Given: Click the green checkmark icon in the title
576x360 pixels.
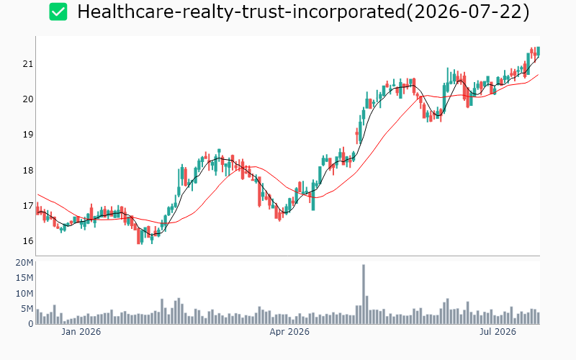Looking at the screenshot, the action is [58, 12].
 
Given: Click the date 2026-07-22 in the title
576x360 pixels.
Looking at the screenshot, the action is [467, 12].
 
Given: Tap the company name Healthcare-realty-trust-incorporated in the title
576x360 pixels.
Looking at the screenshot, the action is [241, 12].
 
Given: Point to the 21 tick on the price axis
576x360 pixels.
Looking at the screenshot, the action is [27, 64].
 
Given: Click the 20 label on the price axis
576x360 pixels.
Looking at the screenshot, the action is [27, 99].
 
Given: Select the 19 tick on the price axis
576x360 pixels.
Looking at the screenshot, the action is [27, 135].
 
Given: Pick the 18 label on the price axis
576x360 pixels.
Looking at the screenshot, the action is [27, 171].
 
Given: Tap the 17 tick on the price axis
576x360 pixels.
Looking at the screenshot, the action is [27, 206].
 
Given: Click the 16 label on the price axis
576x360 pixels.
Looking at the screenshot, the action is [27, 241].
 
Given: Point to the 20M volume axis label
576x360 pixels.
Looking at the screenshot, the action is [24, 263].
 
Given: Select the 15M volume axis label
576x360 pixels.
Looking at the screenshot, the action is [24, 278].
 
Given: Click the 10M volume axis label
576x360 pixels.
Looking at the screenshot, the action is [24, 294].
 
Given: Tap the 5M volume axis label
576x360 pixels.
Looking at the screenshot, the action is [27, 309].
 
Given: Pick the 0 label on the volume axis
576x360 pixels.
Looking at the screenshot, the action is [31, 324].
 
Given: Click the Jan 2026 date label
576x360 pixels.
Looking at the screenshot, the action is [81, 332].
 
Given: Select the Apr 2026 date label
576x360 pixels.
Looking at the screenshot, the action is [289, 332].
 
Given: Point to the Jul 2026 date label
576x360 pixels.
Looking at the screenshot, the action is [498, 332].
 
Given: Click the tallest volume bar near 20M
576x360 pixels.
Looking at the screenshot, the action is [364, 294].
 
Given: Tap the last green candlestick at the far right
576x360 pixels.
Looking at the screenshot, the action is [538, 50].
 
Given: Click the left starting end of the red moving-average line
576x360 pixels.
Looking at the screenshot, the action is [38, 194].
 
